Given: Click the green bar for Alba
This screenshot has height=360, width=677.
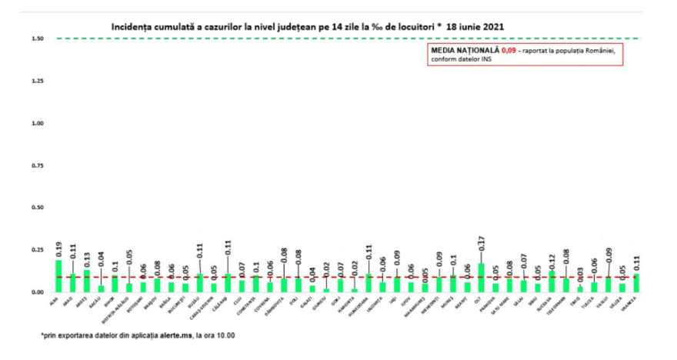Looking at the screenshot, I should click(58, 276).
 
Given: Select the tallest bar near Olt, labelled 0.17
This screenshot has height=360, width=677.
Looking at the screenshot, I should click(481, 278).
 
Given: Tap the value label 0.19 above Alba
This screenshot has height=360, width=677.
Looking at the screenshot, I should click(59, 249).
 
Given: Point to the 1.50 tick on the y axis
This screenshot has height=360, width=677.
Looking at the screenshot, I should click(36, 38).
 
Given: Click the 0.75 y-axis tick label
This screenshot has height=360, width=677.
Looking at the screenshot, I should click(36, 165).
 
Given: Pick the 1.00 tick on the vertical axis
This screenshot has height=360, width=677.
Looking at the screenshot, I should click(36, 123).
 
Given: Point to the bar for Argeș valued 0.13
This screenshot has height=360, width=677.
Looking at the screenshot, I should click(87, 282).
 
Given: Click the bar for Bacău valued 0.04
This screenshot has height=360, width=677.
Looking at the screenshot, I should click(101, 288).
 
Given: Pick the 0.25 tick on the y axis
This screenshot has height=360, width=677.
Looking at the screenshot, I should click(36, 250).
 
